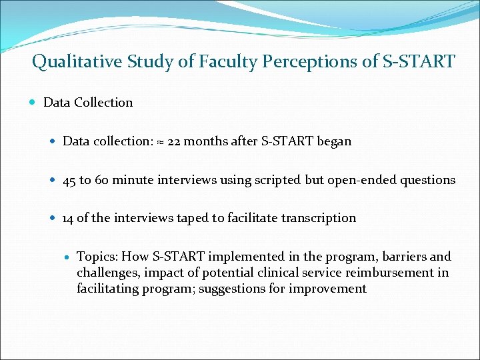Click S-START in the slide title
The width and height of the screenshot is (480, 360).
click(x=418, y=63)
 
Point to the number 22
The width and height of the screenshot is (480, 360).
click(x=175, y=141)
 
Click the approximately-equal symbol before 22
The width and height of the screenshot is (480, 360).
click(x=160, y=142)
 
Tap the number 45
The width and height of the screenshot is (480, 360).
click(x=70, y=180)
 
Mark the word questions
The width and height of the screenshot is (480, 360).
click(x=427, y=181)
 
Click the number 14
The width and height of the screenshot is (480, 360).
click(x=69, y=218)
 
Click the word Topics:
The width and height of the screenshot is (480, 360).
click(x=97, y=257)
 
